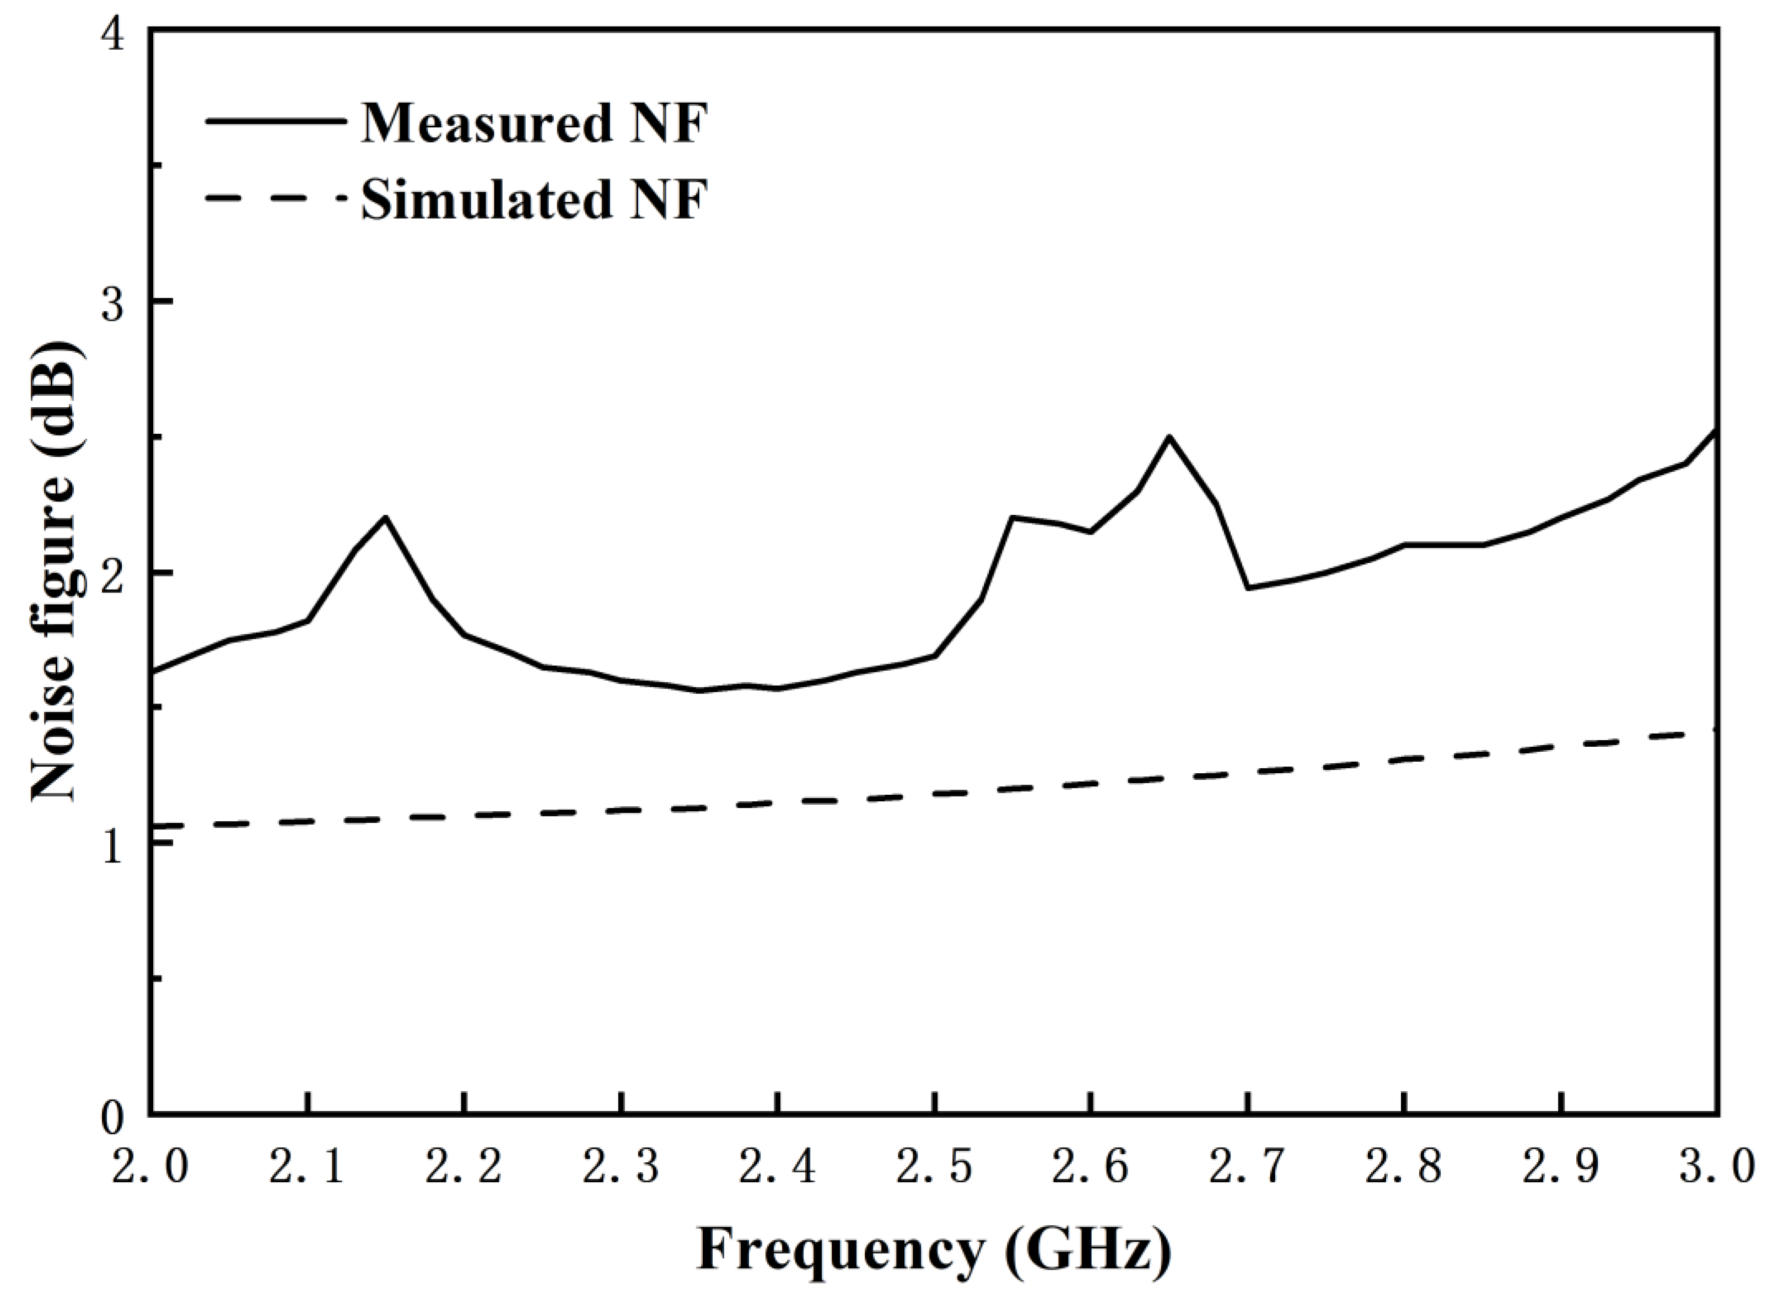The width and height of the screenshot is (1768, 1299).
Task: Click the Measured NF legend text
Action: (534, 123)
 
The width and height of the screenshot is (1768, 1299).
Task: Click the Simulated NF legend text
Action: (534, 199)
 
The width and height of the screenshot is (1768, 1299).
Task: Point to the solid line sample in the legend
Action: (275, 120)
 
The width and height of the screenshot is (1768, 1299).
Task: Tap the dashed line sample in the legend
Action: (275, 199)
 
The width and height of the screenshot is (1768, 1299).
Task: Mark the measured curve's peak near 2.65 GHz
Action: (1169, 436)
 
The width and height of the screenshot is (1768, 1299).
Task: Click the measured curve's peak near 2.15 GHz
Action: (385, 518)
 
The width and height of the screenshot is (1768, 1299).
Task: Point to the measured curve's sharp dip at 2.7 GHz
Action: (1248, 588)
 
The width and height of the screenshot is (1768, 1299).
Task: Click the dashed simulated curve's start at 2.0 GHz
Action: (155, 826)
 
